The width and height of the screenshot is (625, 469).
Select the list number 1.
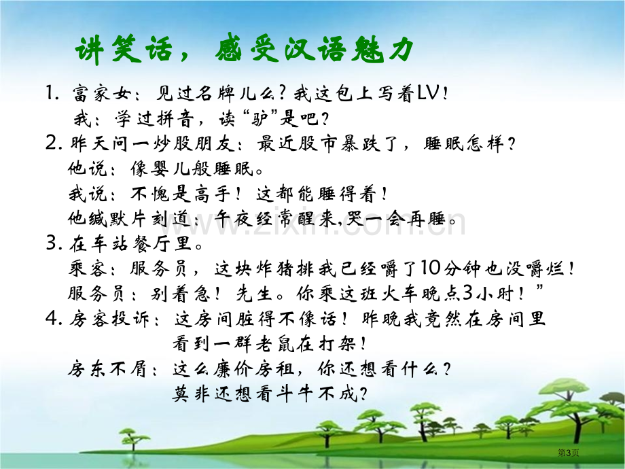[52, 93]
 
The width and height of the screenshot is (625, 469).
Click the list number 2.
[53, 143]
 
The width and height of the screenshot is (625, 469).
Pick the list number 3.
[53, 243]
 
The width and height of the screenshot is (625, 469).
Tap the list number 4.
[53, 318]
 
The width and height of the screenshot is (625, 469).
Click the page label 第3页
[568, 452]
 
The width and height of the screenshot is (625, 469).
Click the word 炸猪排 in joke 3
[286, 268]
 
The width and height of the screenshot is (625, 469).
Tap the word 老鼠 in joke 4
[274, 343]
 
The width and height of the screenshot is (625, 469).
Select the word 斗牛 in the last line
[295, 394]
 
